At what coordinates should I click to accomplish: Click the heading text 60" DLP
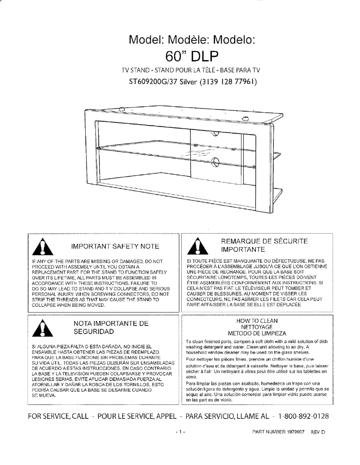192,56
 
